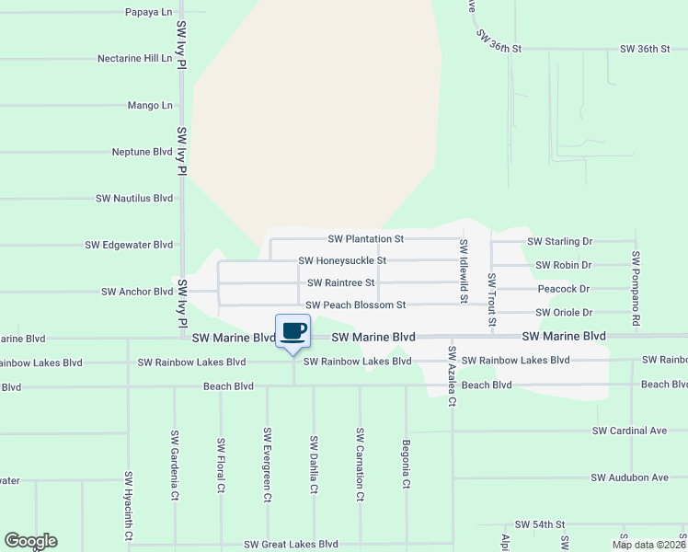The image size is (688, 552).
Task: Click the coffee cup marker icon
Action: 293,332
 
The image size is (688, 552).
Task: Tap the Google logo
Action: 30,541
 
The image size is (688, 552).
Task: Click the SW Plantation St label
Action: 354,239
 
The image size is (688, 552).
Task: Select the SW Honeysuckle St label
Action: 342,261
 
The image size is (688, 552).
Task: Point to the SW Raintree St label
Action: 341,283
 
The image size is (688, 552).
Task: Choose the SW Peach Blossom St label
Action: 355,305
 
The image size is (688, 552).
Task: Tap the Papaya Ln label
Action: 149,12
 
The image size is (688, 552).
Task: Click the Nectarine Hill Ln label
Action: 135,58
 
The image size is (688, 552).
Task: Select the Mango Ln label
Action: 151,106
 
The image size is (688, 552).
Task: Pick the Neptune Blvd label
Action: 143,152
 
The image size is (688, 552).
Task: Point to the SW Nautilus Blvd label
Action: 134,199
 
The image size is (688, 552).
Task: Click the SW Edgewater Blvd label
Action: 129,246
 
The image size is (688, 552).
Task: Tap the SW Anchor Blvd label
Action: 137,292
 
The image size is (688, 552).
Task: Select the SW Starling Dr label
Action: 559,242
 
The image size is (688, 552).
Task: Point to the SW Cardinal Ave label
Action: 629,431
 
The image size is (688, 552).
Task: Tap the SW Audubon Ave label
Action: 630,477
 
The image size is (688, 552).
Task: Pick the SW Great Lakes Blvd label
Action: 291,545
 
